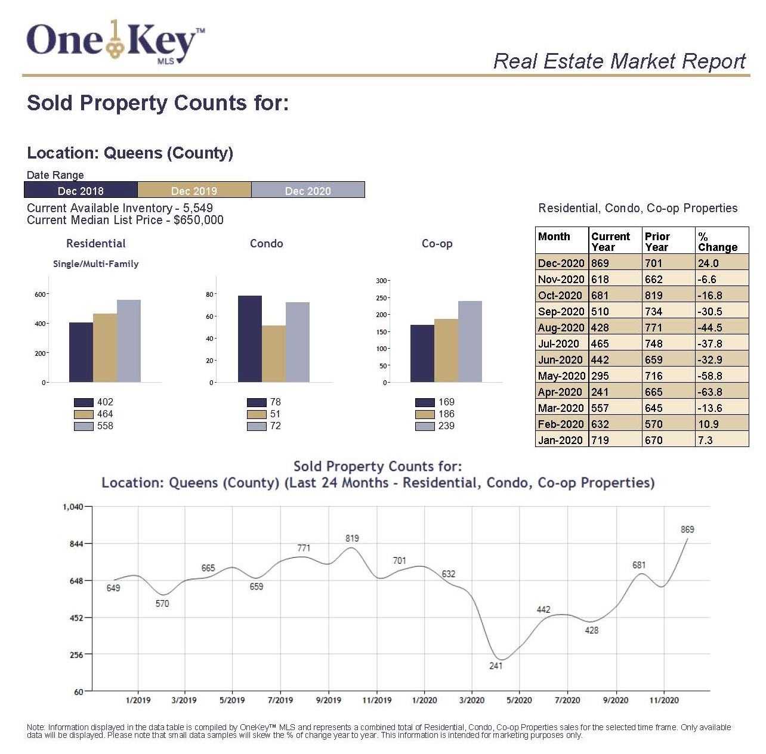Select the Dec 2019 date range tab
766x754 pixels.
coord(194,191)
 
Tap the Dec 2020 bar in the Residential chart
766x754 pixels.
coord(129,341)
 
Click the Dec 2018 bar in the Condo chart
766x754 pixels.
coord(249,339)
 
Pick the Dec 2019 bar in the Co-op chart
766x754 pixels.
coord(446,350)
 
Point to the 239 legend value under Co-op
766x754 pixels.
coord(446,426)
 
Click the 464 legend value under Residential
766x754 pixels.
coord(105,414)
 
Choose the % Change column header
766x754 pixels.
coord(718,242)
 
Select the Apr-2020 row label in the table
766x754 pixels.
coord(561,392)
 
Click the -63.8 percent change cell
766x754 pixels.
coord(709,392)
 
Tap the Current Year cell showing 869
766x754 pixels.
coord(600,263)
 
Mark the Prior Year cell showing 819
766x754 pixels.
coord(654,296)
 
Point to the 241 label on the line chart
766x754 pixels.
coord(496,666)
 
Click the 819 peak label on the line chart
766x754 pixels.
coord(352,538)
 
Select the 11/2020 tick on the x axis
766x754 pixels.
coord(664,700)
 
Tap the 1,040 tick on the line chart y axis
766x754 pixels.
coord(73,507)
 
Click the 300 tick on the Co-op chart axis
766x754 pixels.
coord(381,281)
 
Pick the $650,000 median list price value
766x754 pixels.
coord(199,220)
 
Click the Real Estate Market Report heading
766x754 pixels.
coord(619,61)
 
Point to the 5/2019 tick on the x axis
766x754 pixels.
coord(232,700)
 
